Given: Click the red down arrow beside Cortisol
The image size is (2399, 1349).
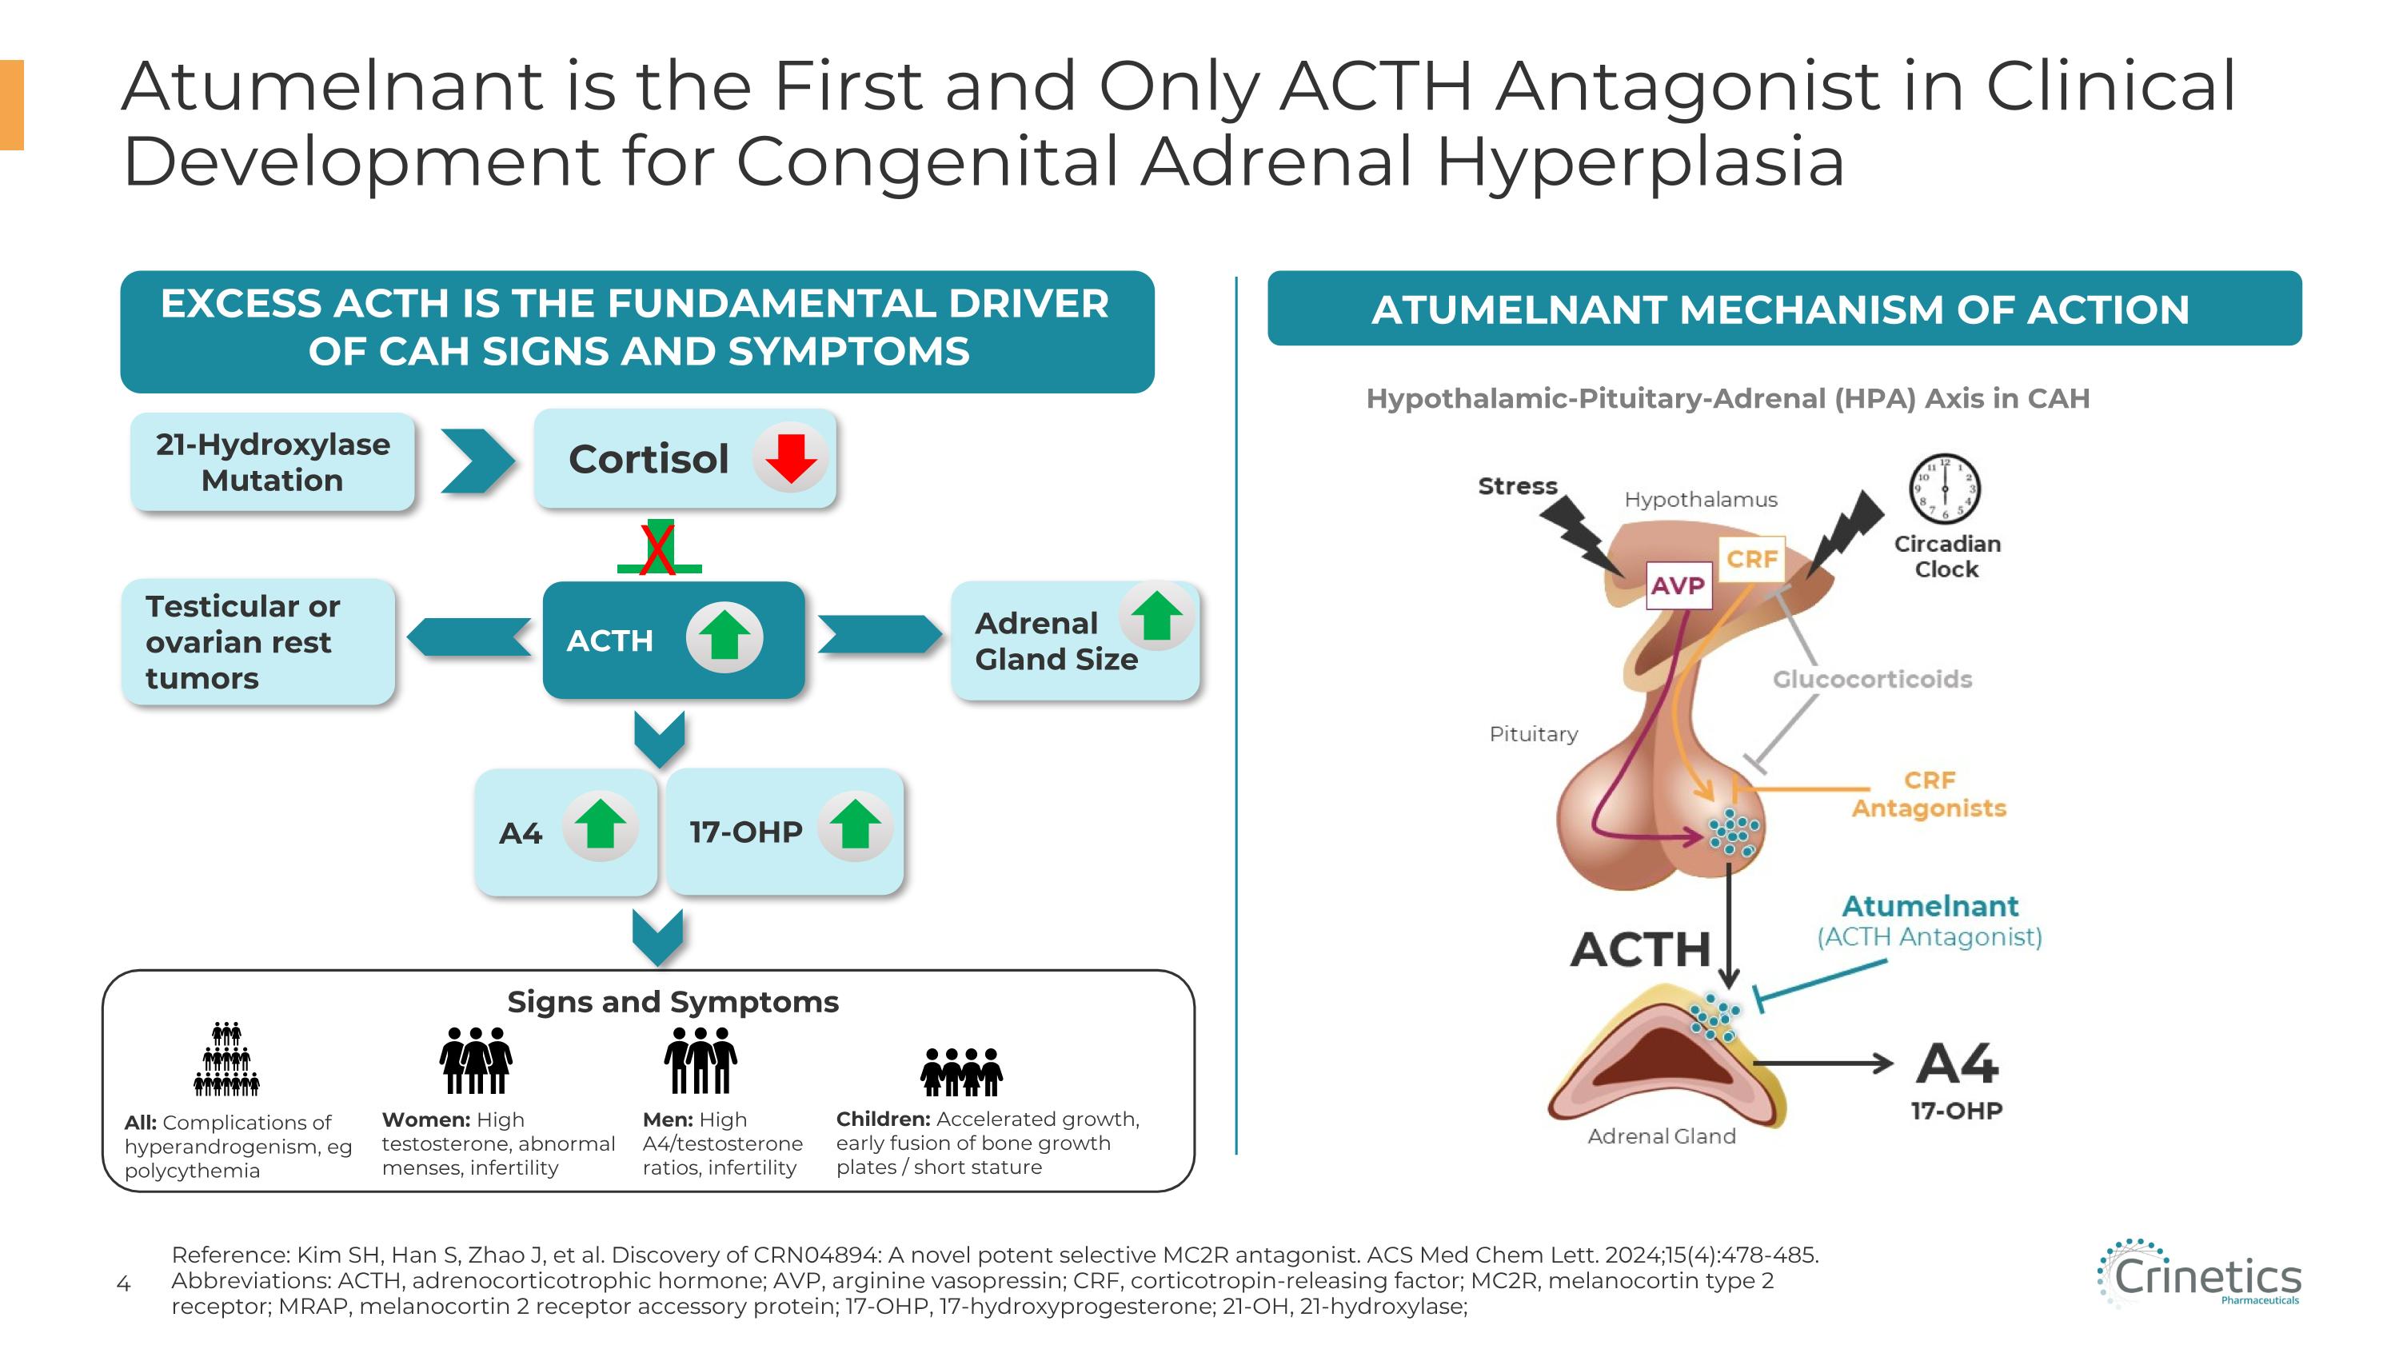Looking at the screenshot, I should (x=790, y=457).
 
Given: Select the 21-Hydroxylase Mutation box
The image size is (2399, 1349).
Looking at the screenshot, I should (x=272, y=461).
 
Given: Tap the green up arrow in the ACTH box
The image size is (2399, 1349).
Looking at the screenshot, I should (x=724, y=637).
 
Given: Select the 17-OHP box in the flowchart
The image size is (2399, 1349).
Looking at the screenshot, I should (x=784, y=832).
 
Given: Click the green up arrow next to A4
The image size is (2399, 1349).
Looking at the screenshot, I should (x=601, y=825).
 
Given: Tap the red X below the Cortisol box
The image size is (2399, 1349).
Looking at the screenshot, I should (x=658, y=549).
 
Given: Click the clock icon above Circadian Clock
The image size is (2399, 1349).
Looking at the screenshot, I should (x=1945, y=489).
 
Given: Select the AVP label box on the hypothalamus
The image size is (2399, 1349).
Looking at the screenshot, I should (x=1679, y=585).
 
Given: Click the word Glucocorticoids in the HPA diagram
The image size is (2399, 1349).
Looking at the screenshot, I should (x=1872, y=679).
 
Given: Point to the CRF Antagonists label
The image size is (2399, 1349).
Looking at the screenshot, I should (x=1929, y=794).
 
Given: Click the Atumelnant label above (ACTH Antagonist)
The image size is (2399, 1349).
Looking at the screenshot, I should (x=1930, y=906).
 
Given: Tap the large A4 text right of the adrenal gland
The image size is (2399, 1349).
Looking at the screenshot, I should (x=1957, y=1064).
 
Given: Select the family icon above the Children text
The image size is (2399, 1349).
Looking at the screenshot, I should (x=961, y=1072).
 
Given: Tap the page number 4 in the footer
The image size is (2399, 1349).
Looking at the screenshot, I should (x=123, y=1285).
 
